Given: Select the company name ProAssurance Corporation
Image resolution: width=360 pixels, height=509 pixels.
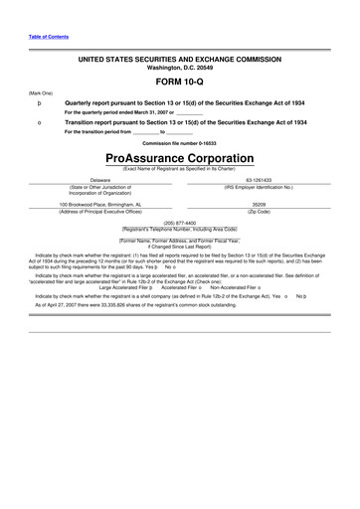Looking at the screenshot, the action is [179, 159].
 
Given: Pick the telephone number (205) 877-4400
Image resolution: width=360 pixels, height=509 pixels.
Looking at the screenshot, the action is [179, 223].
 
